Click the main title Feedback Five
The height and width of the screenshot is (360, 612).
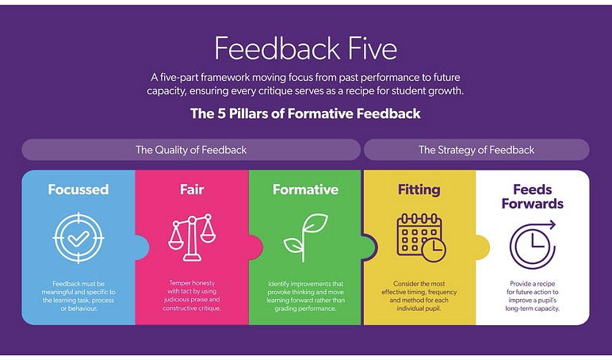[306, 48]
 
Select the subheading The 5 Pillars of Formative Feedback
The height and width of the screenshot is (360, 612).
[306, 113]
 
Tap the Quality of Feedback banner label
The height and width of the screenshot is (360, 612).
[191, 150]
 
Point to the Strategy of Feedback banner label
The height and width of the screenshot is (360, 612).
[476, 150]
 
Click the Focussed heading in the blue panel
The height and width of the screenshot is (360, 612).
[78, 190]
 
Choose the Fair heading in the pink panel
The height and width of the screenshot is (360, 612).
[192, 190]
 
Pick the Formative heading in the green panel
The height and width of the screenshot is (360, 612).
[306, 190]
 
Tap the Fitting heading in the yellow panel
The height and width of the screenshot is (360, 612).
[419, 190]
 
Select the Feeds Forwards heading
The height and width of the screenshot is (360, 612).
[533, 197]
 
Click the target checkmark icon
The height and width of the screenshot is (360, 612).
[78, 238]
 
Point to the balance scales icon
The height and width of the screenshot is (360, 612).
[192, 237]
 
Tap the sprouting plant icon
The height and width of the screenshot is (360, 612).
[306, 237]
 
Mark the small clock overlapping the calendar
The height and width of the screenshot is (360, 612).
[434, 250]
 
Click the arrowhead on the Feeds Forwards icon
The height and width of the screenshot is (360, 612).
[553, 224]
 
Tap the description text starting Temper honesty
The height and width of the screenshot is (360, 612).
[192, 296]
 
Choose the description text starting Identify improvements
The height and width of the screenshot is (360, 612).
[306, 296]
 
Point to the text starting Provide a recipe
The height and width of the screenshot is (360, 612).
[533, 296]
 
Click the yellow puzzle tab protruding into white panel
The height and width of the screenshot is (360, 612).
[483, 247]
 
